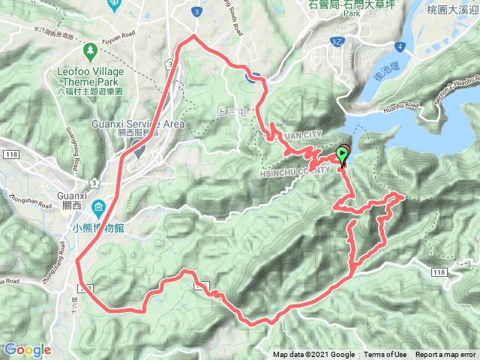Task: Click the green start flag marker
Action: pos(343,154)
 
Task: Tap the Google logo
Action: pos(27,349)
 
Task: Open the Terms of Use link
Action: pos(385,355)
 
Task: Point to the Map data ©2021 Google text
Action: pos(313,355)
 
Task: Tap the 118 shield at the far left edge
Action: pos(10,153)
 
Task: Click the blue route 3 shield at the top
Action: pos(196,12)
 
